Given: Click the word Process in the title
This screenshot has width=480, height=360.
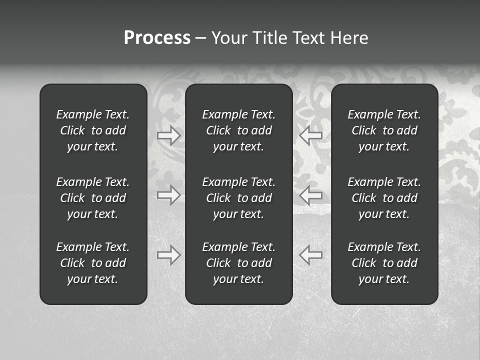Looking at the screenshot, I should click(157, 38).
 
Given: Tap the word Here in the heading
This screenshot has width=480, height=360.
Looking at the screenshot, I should click(349, 38).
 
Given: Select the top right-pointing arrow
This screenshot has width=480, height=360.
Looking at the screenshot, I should click(169, 135).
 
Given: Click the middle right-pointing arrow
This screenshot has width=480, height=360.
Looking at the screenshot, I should click(169, 195).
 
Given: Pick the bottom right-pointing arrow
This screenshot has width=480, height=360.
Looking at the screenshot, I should click(169, 255).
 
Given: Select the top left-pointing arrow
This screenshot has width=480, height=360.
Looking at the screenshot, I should click(311, 135).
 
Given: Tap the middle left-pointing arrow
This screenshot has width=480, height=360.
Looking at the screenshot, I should click(311, 195).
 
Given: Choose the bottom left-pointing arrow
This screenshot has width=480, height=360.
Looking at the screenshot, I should click(311, 255).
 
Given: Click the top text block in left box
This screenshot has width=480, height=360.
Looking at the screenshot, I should click(93, 130).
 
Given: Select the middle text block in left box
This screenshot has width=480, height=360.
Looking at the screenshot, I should click(93, 198).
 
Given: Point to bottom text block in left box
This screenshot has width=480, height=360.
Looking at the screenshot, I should click(93, 263).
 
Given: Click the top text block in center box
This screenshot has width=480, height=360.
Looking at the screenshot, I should click(238, 130).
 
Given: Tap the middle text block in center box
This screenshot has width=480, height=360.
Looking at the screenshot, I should click(238, 198).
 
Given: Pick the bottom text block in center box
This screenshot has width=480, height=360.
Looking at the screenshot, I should click(238, 263).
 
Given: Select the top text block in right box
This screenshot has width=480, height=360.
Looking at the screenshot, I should click(384, 130).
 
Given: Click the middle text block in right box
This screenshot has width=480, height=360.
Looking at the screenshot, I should click(384, 198).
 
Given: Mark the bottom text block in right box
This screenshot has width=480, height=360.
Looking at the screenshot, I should click(384, 263).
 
